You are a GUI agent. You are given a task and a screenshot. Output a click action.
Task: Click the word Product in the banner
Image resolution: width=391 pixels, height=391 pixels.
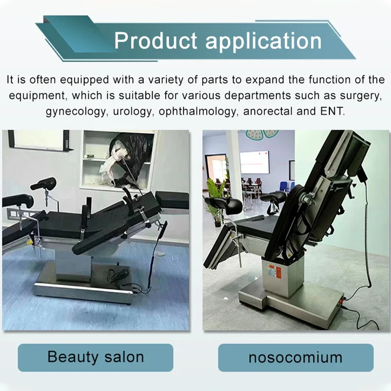155,41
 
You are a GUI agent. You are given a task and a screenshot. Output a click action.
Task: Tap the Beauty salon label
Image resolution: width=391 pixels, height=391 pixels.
95,357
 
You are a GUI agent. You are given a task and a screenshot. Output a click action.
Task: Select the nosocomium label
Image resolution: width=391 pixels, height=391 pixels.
296,357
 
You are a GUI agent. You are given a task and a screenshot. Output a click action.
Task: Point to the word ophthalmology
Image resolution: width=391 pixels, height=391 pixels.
197,111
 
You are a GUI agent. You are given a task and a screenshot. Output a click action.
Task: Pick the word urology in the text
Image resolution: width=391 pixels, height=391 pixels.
132,111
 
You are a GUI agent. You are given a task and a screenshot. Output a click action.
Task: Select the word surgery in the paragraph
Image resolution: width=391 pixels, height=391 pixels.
360,96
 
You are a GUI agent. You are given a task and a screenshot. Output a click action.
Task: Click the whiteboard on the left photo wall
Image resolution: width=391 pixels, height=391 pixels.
38,140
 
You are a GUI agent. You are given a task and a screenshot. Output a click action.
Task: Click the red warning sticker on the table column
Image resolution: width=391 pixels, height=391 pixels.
278,272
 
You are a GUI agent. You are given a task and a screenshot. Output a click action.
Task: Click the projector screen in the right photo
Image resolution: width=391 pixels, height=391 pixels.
254,162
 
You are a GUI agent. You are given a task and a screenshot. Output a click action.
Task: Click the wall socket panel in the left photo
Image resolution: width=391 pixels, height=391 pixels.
19,213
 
